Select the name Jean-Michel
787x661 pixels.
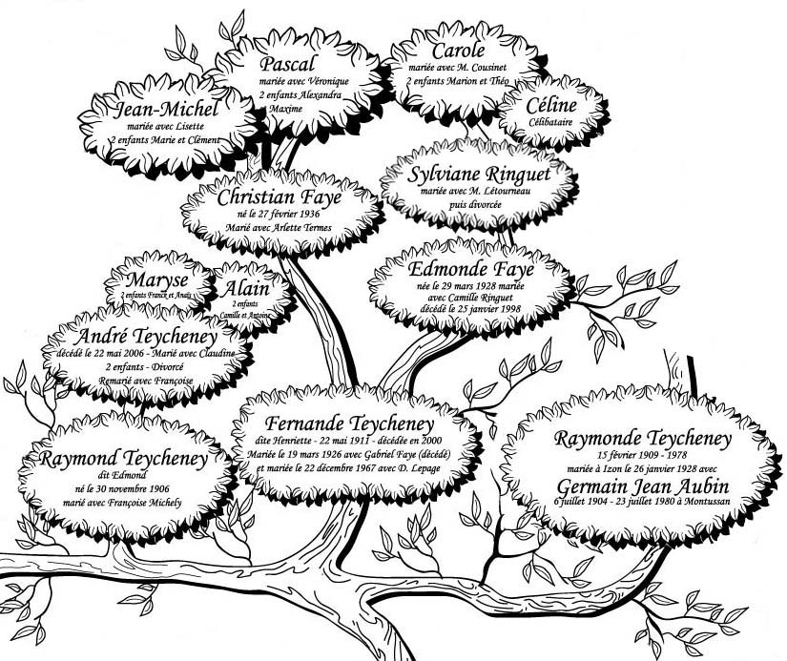[168, 114]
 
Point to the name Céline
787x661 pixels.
[551, 105]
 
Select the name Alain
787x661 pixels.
[247, 289]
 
